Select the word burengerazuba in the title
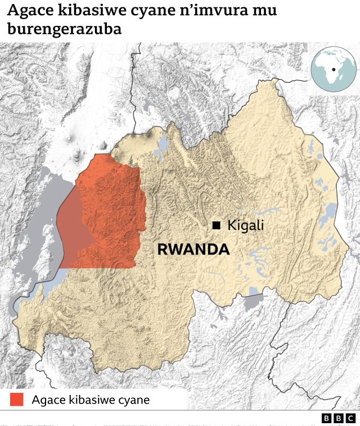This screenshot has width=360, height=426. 65,29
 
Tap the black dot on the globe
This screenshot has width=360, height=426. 334,70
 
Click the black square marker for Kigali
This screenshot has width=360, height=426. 216,225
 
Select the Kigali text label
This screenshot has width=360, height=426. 245,225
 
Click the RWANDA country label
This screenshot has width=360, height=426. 193,250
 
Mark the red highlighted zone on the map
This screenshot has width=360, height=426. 110,214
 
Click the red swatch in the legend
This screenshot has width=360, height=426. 17,400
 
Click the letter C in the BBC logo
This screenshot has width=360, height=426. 350,418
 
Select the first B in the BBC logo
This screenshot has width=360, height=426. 327,418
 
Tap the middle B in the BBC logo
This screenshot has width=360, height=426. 338,418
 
